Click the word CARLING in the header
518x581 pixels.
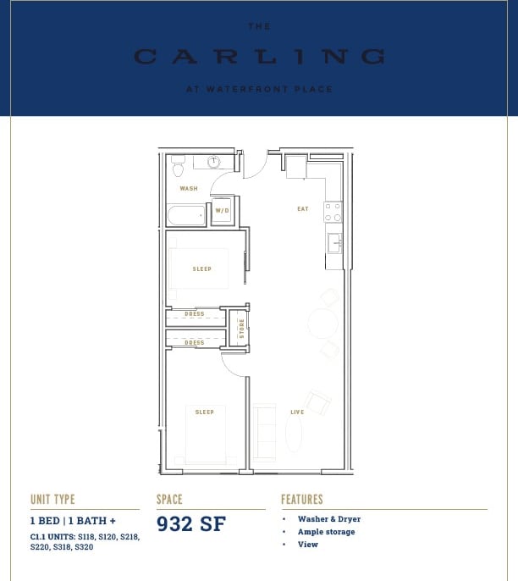(259, 57)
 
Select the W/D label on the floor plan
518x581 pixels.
(222, 211)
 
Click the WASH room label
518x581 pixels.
(187, 189)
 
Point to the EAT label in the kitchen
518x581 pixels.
(302, 209)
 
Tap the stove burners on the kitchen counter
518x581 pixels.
(333, 212)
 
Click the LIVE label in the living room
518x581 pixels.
(297, 412)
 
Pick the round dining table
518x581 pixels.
(322, 323)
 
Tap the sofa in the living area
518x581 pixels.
(264, 433)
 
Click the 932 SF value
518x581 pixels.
(191, 523)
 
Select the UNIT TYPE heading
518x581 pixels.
(52, 500)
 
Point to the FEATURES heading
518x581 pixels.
(301, 500)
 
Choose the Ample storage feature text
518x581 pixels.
(326, 532)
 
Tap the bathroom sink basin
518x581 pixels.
(214, 161)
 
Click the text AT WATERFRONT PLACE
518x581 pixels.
(259, 89)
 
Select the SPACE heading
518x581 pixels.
(169, 500)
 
